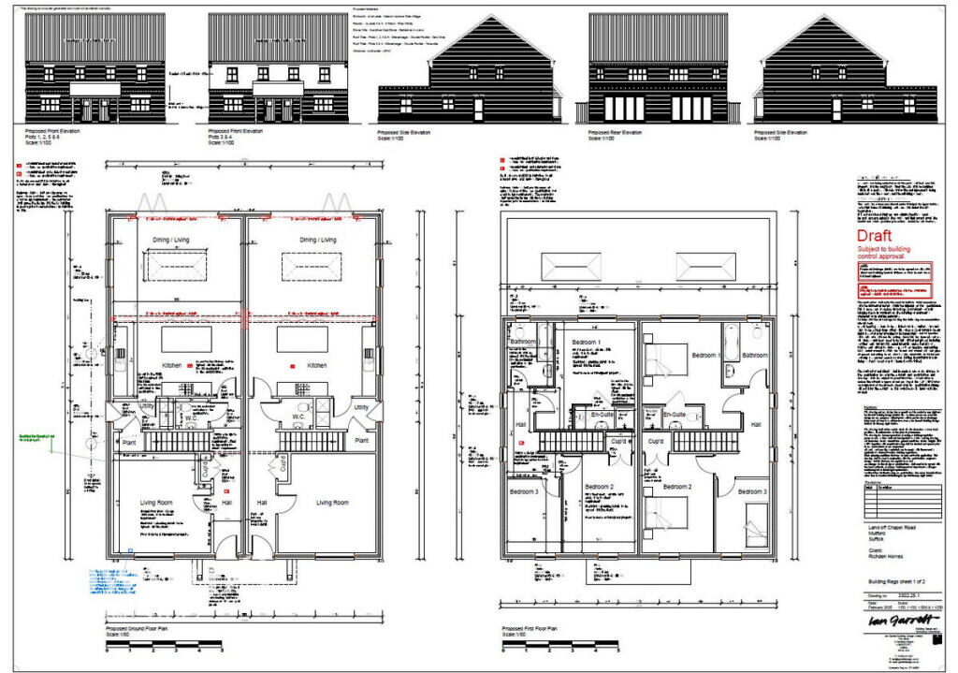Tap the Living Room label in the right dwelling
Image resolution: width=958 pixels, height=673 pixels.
click(x=332, y=503)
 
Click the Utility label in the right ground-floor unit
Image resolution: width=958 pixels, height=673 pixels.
click(x=361, y=407)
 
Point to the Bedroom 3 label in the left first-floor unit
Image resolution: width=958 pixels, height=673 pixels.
click(x=524, y=491)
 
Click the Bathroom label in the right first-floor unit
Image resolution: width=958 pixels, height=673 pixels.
click(x=754, y=356)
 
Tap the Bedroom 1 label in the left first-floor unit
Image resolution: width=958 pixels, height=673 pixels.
click(x=587, y=343)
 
